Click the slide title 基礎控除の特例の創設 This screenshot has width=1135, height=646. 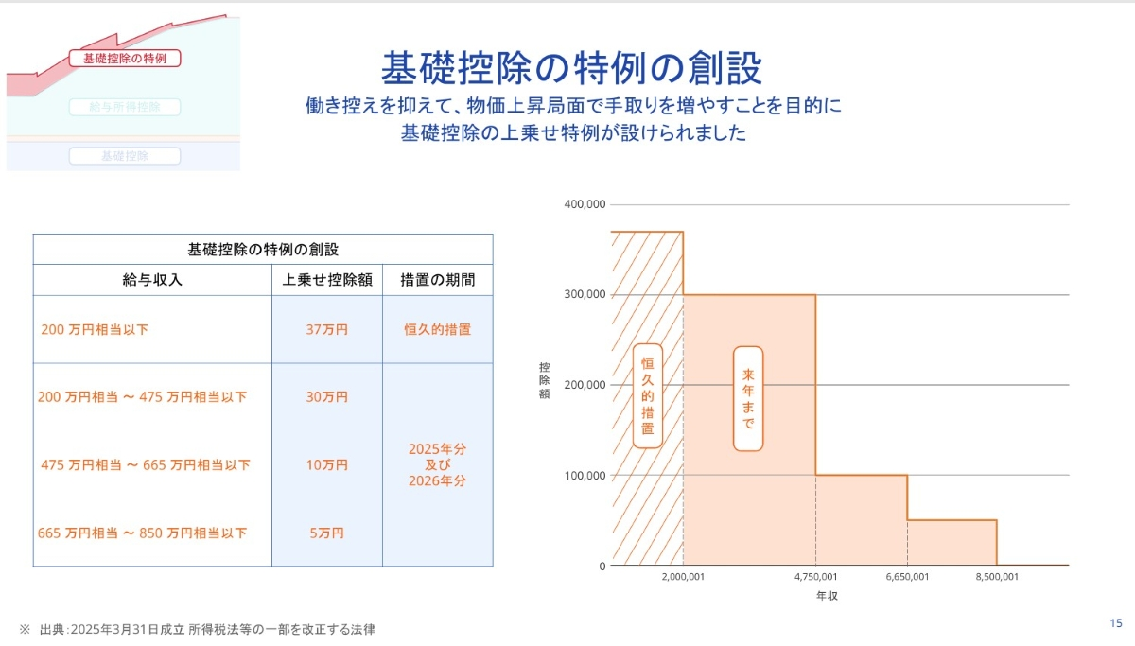pyautogui.click(x=571, y=68)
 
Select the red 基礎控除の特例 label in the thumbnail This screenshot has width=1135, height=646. pyautogui.click(x=125, y=59)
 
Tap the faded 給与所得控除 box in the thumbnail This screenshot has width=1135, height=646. pyautogui.click(x=125, y=108)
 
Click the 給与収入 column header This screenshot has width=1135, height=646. pyautogui.click(x=152, y=280)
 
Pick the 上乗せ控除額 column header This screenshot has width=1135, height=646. pyautogui.click(x=327, y=280)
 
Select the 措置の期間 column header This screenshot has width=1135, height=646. pyautogui.click(x=437, y=280)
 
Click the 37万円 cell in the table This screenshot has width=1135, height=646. pyautogui.click(x=327, y=330)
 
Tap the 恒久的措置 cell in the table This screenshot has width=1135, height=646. pyautogui.click(x=437, y=330)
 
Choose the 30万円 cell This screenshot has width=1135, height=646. pyautogui.click(x=327, y=397)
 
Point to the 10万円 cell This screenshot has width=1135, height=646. pyautogui.click(x=327, y=465)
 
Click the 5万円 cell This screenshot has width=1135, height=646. pyautogui.click(x=327, y=533)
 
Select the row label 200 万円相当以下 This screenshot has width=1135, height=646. pyautogui.click(x=95, y=330)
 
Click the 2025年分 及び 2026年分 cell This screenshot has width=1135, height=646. pyautogui.click(x=437, y=464)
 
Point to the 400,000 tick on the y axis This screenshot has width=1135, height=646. pyautogui.click(x=585, y=204)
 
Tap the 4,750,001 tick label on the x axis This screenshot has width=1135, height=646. pyautogui.click(x=816, y=576)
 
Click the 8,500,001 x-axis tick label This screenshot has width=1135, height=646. pyautogui.click(x=997, y=576)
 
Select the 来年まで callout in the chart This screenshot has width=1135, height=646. pyautogui.click(x=747, y=398)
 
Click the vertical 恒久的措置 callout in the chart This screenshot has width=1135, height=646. pyautogui.click(x=647, y=395)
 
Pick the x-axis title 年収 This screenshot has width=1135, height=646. pyautogui.click(x=828, y=597)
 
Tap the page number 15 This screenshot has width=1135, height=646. pyautogui.click(x=1116, y=623)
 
